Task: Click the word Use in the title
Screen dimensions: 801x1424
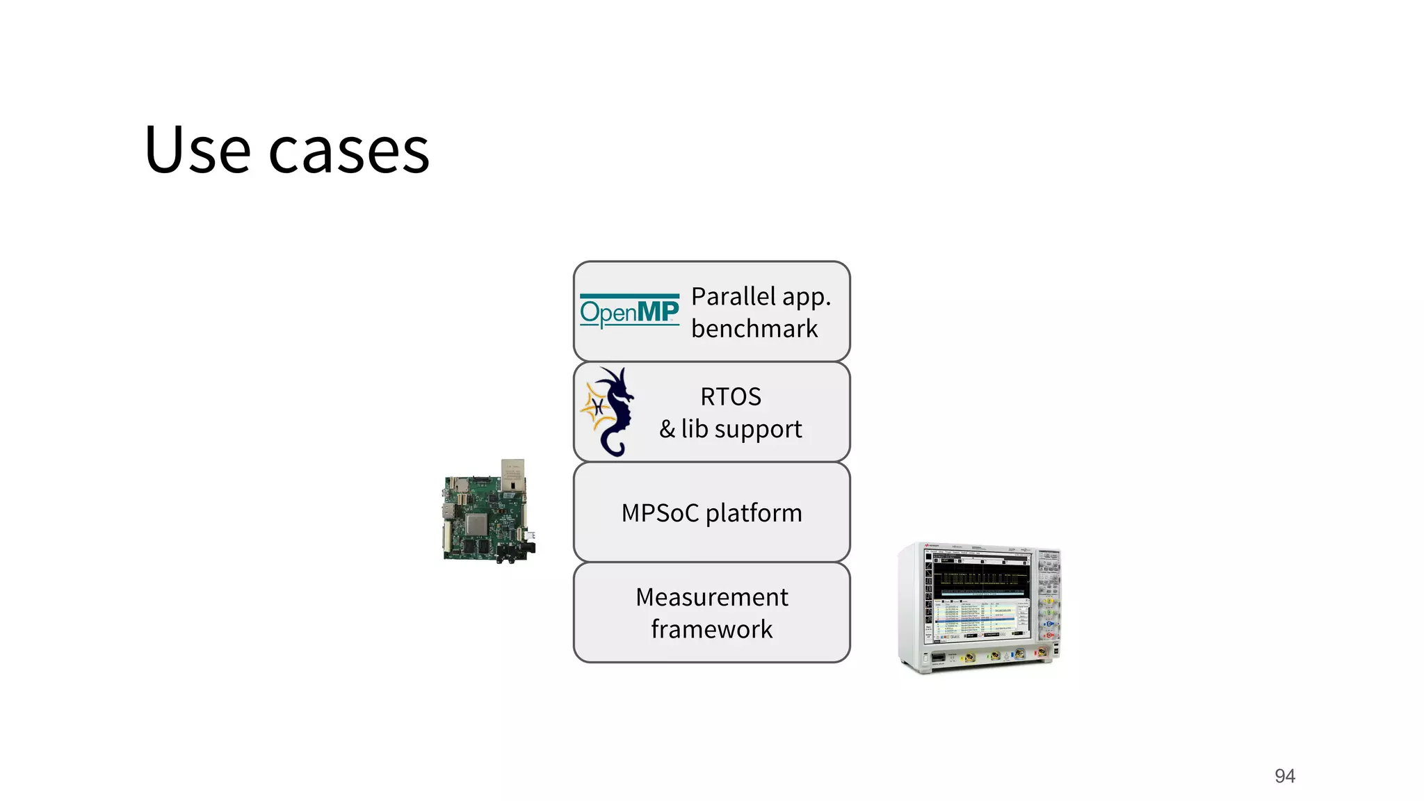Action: (x=197, y=150)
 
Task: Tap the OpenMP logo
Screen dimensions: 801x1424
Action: (x=629, y=311)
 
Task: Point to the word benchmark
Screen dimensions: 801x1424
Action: (x=754, y=329)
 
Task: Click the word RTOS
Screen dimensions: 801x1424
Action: (x=731, y=397)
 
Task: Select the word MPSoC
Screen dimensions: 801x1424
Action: (x=660, y=513)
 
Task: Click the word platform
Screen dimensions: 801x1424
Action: (x=754, y=513)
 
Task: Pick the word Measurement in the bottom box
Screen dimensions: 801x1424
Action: (x=711, y=597)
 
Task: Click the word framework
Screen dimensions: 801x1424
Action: (x=711, y=629)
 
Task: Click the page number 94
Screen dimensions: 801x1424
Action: (x=1284, y=776)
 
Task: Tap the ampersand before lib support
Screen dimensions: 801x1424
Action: (x=667, y=430)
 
